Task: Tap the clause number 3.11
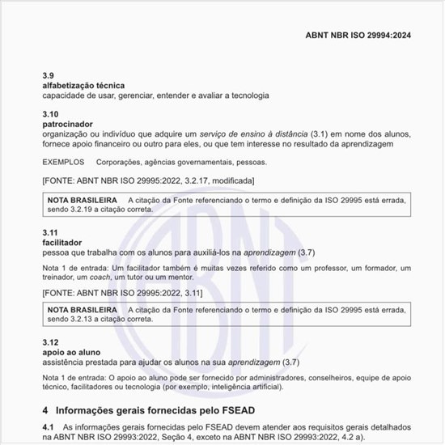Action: coord(50,232)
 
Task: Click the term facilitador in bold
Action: coord(62,242)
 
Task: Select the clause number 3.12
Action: coord(50,343)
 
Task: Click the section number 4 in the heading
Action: coord(45,409)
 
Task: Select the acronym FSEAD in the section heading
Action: coord(232,409)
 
